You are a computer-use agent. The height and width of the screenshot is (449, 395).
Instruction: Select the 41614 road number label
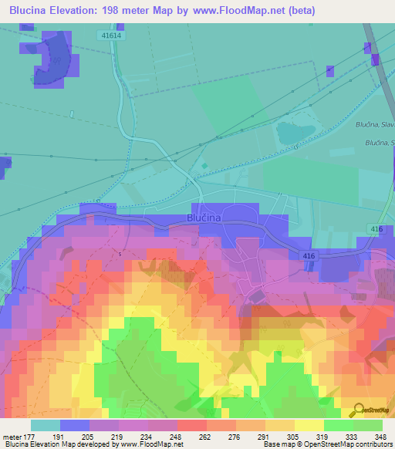point(111,35)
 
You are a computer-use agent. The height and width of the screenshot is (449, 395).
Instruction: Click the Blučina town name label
point(204,218)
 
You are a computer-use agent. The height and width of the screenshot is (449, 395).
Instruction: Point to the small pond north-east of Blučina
point(295,132)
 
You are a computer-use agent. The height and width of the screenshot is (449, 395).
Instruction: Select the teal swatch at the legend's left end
point(45,424)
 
